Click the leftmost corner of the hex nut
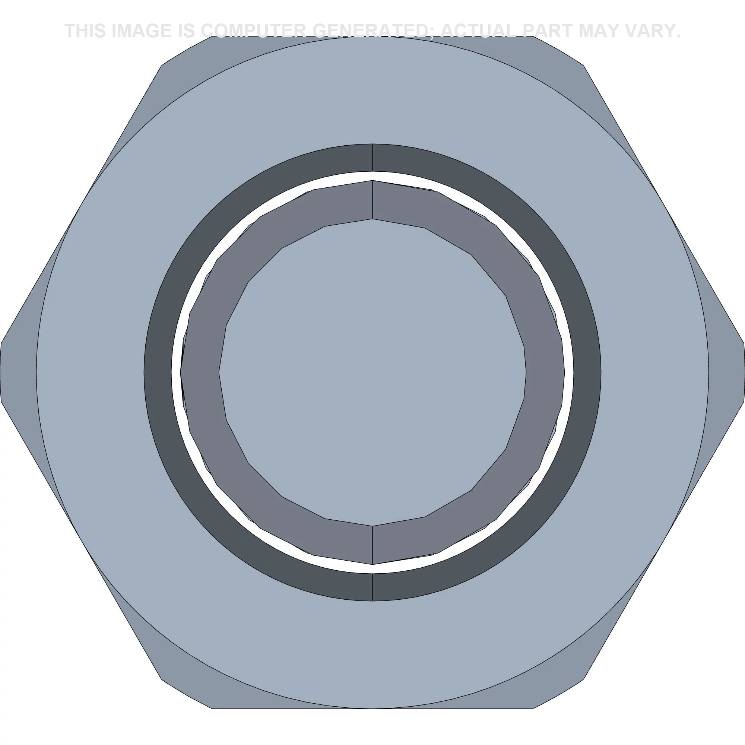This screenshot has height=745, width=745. coord(1,372)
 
